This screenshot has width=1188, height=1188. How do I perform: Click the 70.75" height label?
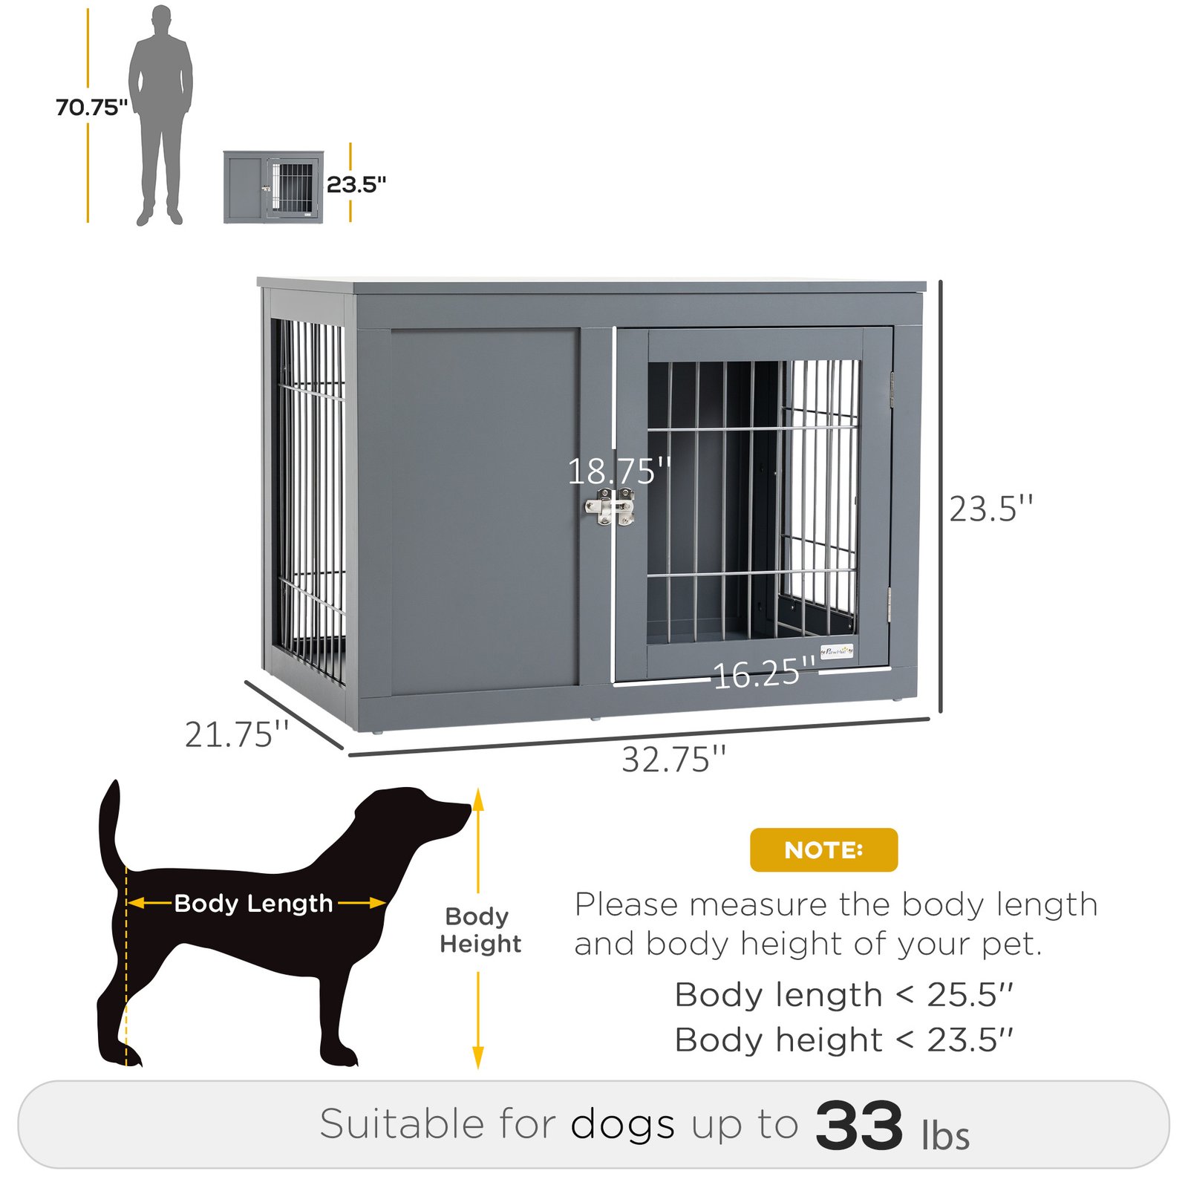coord(91,108)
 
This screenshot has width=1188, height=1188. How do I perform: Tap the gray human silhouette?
coord(160,111)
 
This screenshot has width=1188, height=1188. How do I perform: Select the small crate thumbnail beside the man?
coord(273,186)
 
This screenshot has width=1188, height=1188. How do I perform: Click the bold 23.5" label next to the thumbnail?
coord(356,184)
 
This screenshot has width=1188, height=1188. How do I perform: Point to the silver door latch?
coord(610,508)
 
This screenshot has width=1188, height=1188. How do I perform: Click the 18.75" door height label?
coord(619,471)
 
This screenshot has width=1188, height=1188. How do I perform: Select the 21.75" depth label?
coord(236,734)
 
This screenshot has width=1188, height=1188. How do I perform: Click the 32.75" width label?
coord(673,760)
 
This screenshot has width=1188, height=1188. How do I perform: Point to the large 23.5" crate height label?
coord(991,509)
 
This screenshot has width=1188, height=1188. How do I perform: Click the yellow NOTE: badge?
coord(823,849)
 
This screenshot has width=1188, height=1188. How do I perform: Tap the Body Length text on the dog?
coord(253,903)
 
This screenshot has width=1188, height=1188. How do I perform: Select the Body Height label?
coord(480,930)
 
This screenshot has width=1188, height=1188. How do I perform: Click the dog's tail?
coord(110,824)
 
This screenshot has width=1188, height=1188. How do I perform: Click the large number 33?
coord(859,1126)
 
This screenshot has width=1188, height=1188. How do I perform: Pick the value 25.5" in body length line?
coord(970,995)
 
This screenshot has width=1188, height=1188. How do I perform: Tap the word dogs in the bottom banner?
coord(622,1124)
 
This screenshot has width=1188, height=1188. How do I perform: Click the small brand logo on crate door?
coord(838,650)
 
